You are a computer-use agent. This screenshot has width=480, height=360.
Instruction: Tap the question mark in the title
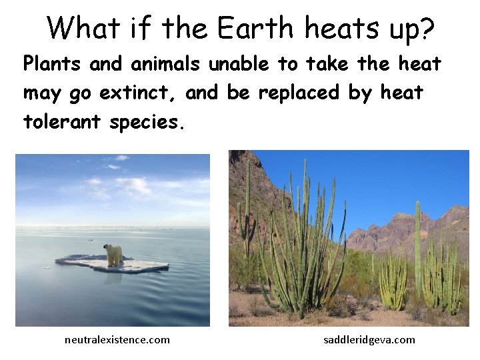coord(426,29)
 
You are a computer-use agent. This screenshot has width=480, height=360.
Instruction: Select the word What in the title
coord(83,29)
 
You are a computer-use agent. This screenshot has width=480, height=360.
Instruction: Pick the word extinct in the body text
coord(139,93)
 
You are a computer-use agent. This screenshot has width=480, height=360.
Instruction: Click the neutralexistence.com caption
coord(117,340)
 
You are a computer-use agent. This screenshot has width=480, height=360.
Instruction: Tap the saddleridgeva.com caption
coord(369,340)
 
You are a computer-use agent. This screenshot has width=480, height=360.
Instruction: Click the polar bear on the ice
coord(114,254)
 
